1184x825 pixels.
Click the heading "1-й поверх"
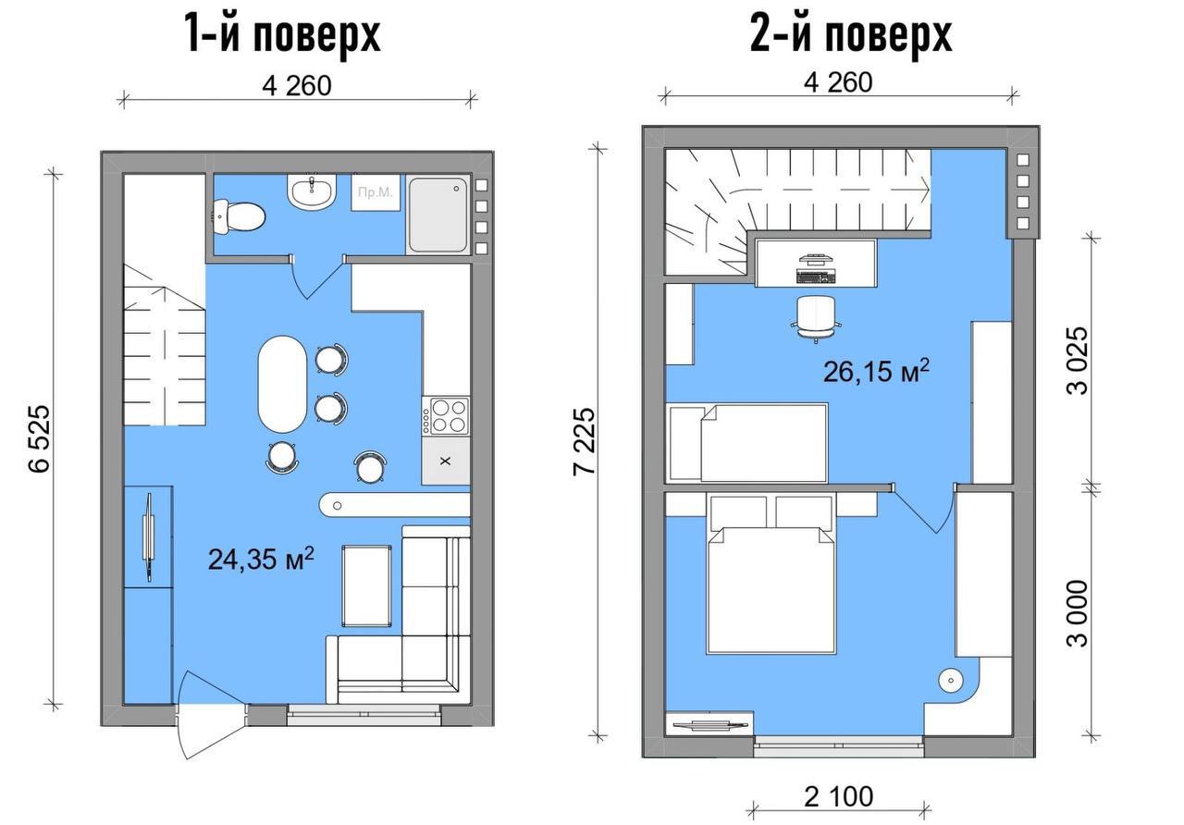coord(283,35)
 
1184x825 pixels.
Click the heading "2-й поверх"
coord(851,35)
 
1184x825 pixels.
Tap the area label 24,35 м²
coord(261,559)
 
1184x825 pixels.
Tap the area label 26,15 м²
coord(876,372)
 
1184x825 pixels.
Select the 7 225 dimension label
coord(585,441)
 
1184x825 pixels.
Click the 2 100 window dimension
coord(839,797)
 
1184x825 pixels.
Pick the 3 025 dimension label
coord(1079,361)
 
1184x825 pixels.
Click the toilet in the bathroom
coord(239,216)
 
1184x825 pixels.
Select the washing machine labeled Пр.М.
coord(376,191)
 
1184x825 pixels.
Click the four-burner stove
coord(446,416)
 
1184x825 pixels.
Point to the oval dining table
coord(282,384)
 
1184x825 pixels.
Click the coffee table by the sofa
coord(367,586)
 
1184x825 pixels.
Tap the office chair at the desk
coord(816,319)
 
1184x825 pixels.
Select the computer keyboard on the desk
coord(817,277)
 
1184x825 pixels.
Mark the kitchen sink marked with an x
coord(446,461)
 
